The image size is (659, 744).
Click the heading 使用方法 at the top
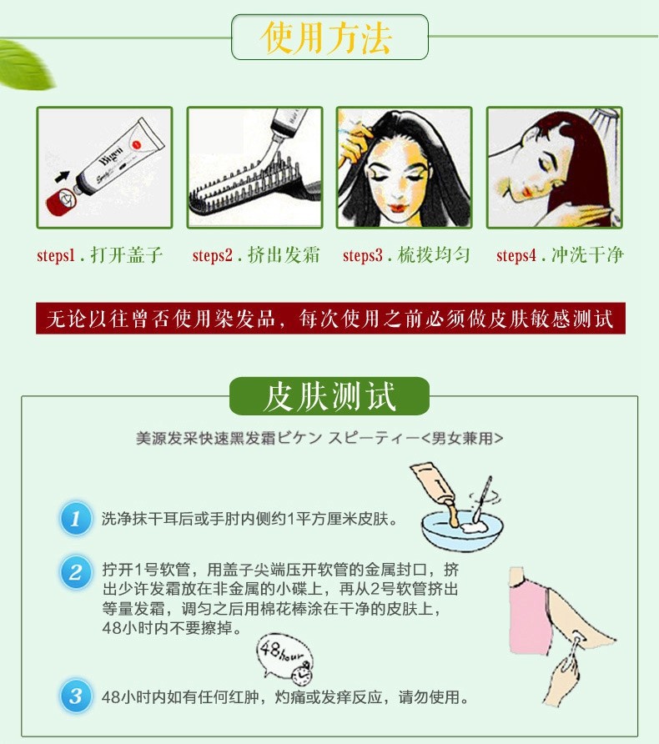[326, 38]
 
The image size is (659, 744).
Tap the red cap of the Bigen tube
[59, 200]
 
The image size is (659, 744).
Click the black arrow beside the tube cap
[62, 177]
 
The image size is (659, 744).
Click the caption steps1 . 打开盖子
[99, 255]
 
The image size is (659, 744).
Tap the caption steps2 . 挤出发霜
[256, 255]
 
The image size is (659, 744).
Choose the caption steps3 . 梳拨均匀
[406, 255]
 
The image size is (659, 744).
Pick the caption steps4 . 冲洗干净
[560, 255]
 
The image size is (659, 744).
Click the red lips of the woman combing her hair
[398, 208]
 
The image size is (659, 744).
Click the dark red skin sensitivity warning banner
[330, 319]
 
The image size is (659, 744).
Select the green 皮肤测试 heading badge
[329, 396]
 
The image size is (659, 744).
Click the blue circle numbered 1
[75, 518]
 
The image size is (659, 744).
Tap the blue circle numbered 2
[75, 571]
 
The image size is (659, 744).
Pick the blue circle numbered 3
[75, 696]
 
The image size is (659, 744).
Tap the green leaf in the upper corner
[25, 65]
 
